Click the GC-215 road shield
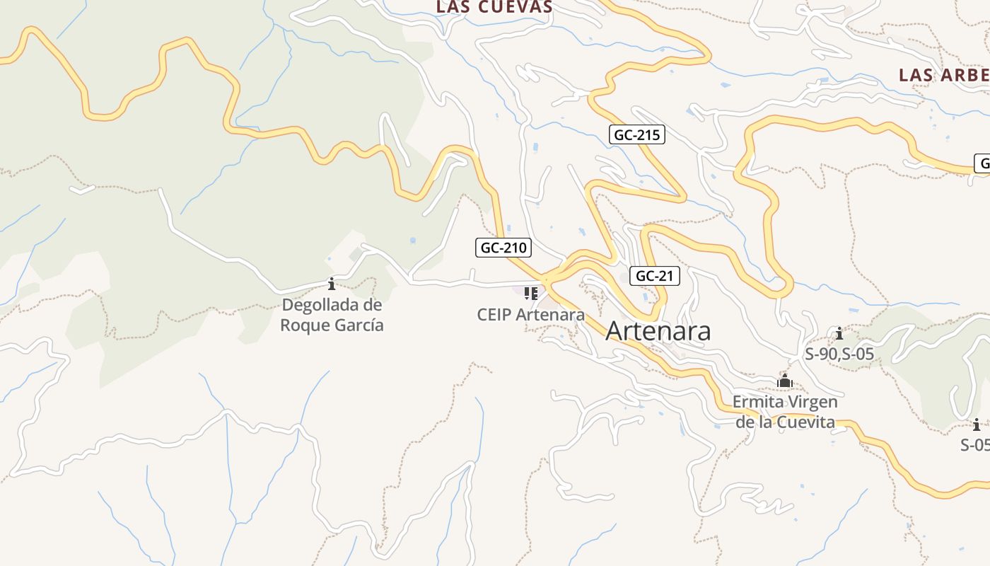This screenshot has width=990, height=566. [x=636, y=134]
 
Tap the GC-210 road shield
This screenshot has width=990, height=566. [x=503, y=248]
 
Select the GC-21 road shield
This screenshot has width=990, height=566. [x=654, y=276]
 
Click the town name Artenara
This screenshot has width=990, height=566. [x=658, y=331]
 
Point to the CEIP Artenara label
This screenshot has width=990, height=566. [x=531, y=315]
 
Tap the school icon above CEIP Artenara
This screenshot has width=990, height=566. [x=531, y=293]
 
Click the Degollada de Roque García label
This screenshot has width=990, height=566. [x=332, y=315]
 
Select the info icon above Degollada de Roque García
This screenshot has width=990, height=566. [x=332, y=284]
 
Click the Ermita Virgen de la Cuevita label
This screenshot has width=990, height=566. [x=785, y=412]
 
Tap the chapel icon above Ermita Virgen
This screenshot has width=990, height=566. [x=785, y=381]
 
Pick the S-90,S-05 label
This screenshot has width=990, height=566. [x=839, y=354]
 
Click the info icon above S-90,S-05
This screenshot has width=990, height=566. [x=839, y=333]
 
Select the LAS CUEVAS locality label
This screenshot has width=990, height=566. [x=494, y=7]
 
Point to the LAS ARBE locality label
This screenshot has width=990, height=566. [x=943, y=75]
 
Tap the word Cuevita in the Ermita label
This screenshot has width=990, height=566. [x=806, y=422]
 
